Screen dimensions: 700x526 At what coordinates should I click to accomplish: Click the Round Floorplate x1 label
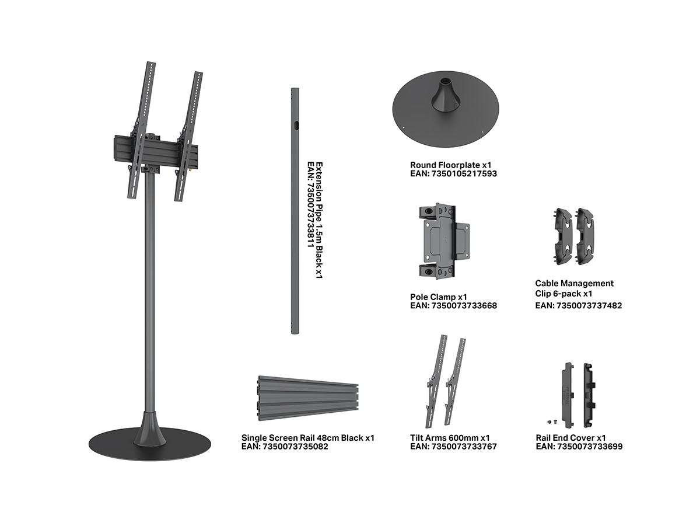point(450,165)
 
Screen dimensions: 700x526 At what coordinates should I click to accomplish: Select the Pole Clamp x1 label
point(438,297)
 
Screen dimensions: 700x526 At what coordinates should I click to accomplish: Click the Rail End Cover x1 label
point(570,438)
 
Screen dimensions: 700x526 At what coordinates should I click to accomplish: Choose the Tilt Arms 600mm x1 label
point(450,438)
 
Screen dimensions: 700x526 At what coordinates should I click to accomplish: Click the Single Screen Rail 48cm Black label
point(302,438)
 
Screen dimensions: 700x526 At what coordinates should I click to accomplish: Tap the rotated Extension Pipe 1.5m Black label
point(319,220)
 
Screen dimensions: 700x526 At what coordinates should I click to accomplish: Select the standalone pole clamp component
point(443,241)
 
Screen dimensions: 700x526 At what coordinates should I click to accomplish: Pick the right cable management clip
point(584,236)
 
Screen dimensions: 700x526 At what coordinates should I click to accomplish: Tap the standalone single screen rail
point(308,398)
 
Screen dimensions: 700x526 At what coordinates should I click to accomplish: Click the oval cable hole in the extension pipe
point(296,125)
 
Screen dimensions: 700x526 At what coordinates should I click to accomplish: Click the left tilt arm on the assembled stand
point(141,130)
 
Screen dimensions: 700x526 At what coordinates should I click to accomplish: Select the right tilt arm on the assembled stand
point(188,136)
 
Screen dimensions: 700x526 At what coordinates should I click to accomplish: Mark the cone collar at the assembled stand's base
point(149,429)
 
